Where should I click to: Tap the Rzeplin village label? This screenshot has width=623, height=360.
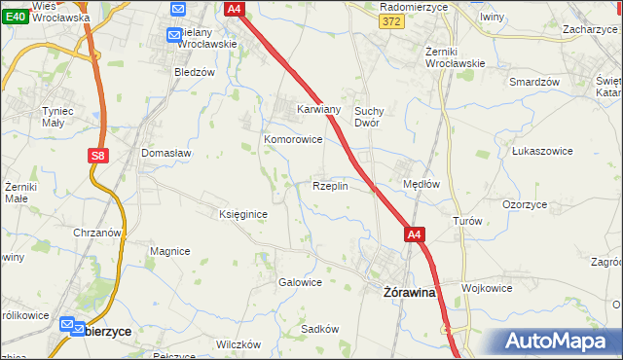pyautogui.click(x=330, y=186)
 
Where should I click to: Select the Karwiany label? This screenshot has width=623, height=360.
pyautogui.click(x=318, y=110)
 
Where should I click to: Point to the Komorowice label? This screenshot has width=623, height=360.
pyautogui.click(x=293, y=139)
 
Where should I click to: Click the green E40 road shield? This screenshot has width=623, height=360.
pyautogui.click(x=15, y=18)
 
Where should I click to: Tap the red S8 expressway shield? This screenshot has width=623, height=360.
pyautogui.click(x=96, y=155)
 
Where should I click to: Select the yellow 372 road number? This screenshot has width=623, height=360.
pyautogui.click(x=390, y=22)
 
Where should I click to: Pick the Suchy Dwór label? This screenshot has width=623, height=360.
pyautogui.click(x=372, y=117)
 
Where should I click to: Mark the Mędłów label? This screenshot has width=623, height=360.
pyautogui.click(x=421, y=183)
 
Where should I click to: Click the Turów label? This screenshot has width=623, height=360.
pyautogui.click(x=467, y=221)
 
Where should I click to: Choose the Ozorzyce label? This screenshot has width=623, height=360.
pyautogui.click(x=524, y=205)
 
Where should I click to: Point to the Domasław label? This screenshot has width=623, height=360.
pyautogui.click(x=166, y=153)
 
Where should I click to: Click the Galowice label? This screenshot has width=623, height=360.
pyautogui.click(x=300, y=282)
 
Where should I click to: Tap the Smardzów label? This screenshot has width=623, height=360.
pyautogui.click(x=533, y=82)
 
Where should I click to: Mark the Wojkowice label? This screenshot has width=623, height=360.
pyautogui.click(x=487, y=288)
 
